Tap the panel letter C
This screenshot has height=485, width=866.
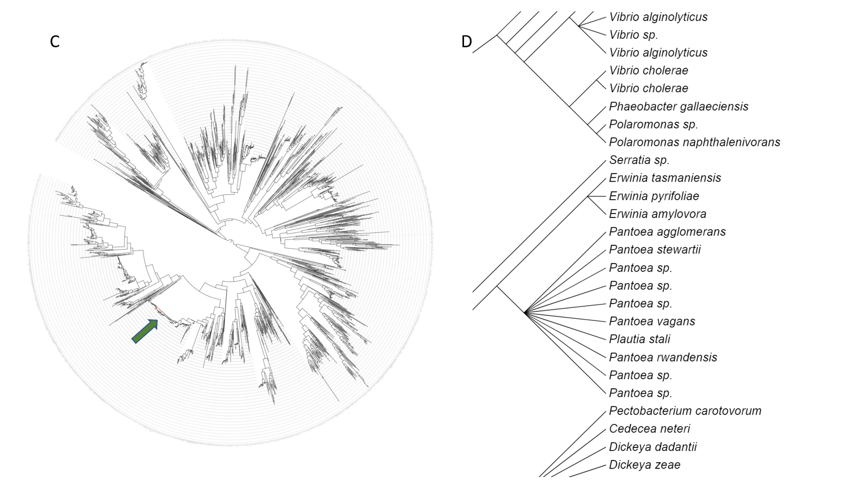point(55,42)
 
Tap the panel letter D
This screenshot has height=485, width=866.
point(466,42)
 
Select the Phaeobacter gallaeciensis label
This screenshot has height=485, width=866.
point(678,106)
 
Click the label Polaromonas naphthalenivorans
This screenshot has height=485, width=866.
point(694,142)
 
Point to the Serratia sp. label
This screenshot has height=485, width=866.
point(639,160)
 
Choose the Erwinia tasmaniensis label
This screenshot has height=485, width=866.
point(664,178)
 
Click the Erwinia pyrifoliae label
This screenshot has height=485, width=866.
point(654,196)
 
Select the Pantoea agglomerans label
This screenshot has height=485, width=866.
point(667,232)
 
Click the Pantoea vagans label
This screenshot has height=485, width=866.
point(651,322)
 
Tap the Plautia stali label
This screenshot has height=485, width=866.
point(639,339)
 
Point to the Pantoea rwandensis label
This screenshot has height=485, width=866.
point(663,357)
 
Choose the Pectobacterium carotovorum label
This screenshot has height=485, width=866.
point(684,411)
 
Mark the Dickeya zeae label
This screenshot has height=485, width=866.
point(644,465)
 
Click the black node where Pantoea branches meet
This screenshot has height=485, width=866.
point(524,312)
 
